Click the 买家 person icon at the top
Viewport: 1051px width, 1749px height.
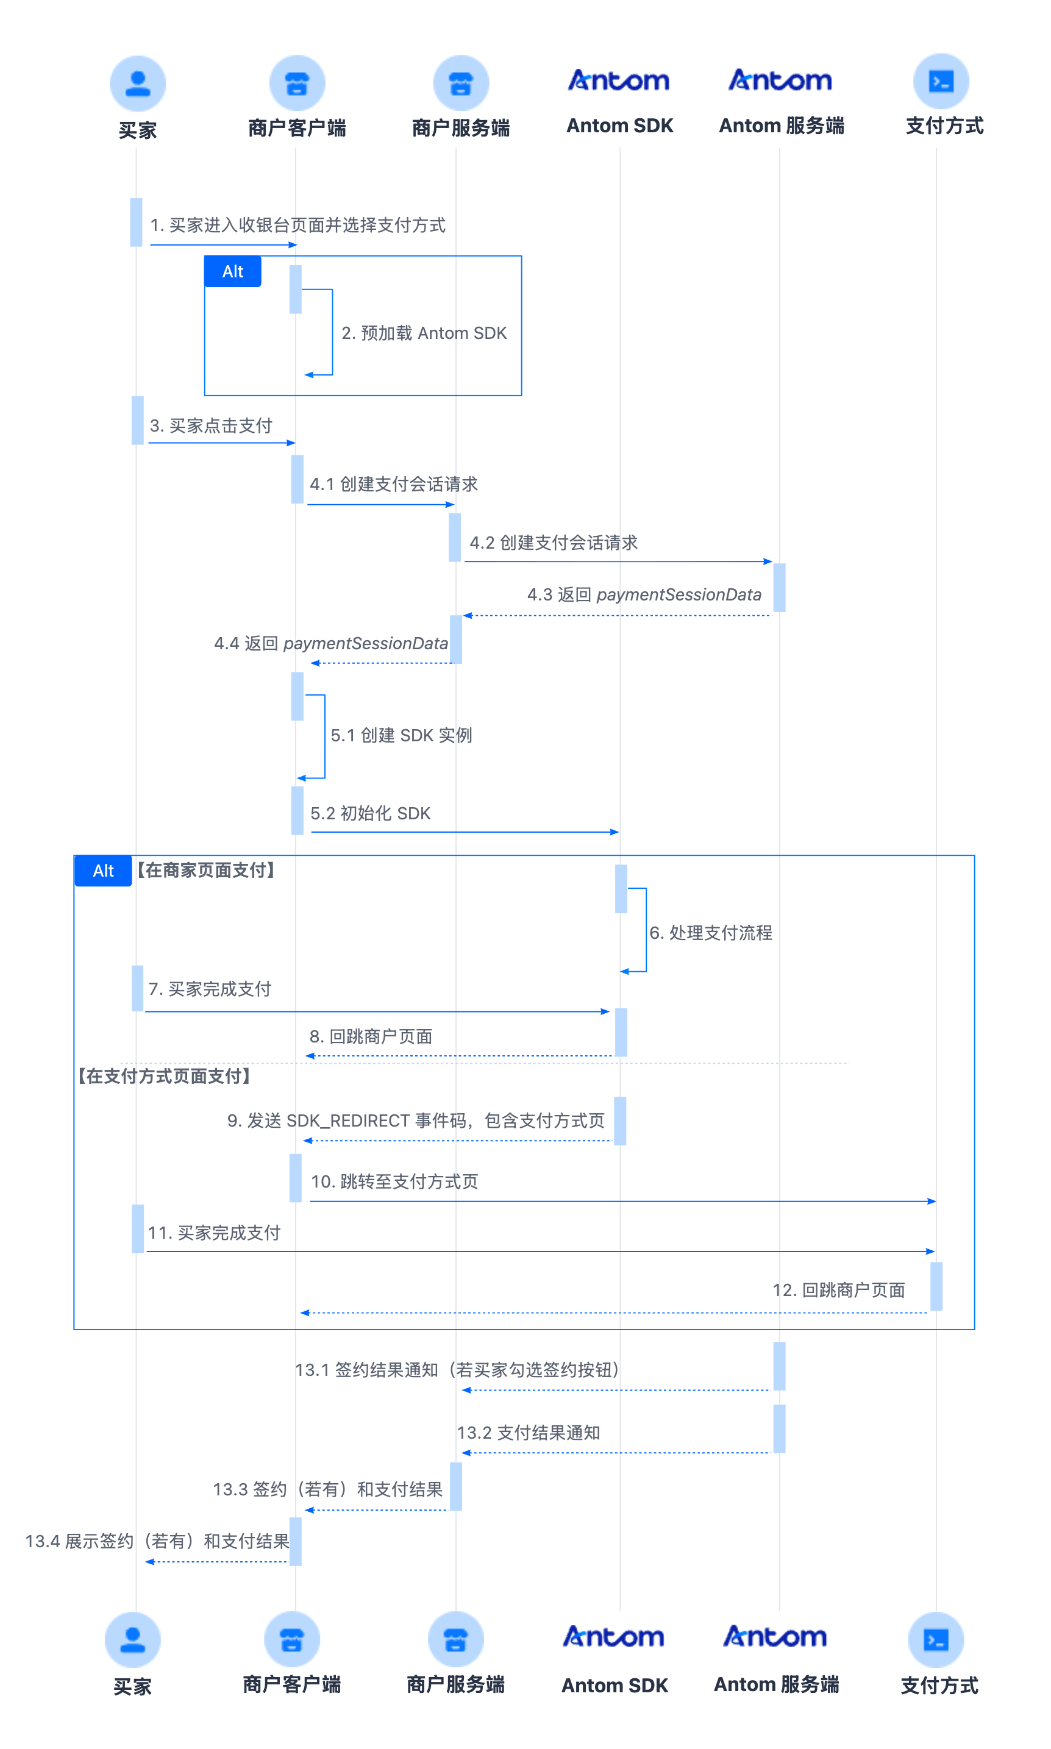137,84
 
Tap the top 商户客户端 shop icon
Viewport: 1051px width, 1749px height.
297,83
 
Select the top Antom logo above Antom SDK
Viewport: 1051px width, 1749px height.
619,80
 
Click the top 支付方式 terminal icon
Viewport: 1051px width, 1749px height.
941,82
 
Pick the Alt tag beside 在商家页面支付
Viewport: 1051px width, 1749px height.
104,871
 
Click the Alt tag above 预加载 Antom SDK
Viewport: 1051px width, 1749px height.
233,272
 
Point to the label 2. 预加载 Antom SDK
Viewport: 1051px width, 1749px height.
424,333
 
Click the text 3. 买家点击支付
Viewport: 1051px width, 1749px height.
211,426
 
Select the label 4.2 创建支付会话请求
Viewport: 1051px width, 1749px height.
554,543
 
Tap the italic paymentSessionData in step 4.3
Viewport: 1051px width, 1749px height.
679,595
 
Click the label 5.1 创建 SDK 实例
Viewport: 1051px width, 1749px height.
402,735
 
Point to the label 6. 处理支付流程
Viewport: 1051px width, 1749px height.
711,933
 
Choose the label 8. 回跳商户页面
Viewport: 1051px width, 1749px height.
371,1036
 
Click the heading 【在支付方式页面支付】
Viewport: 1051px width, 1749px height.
165,1077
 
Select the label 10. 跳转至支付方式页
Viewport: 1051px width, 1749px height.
394,1181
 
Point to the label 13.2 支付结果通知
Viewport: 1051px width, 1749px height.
529,1433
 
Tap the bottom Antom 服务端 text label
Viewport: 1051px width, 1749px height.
776,1684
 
